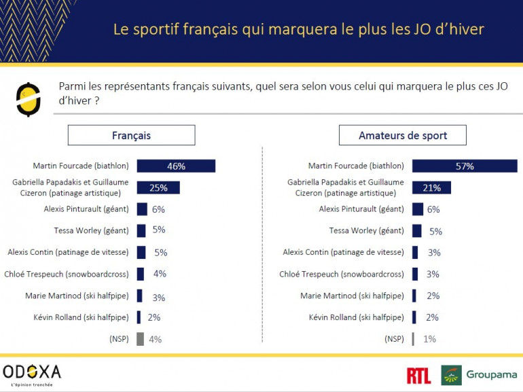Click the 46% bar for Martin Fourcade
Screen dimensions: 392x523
click(x=176, y=166)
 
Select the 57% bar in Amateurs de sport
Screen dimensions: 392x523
click(x=464, y=166)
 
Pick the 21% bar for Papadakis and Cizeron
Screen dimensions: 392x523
click(x=431, y=188)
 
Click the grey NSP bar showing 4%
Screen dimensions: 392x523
click(x=140, y=339)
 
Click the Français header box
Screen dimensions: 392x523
click(x=131, y=135)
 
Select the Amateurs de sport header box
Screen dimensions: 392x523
click(x=402, y=135)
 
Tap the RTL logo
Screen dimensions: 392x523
click(x=419, y=375)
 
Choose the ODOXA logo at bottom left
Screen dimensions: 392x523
click(x=32, y=372)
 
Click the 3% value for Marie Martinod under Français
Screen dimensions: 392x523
click(x=158, y=298)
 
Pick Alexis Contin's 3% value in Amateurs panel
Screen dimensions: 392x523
click(x=434, y=253)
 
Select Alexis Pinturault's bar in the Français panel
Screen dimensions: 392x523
click(x=142, y=209)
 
